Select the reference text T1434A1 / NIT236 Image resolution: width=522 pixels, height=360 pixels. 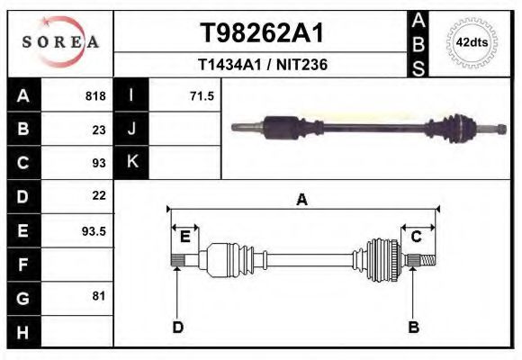tap(261, 65)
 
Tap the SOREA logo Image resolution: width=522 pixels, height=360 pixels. tap(60, 42)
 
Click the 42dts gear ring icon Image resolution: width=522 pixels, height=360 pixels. tap(472, 42)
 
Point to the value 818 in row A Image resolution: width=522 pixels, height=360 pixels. tap(95, 95)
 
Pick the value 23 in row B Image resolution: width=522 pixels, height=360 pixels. tap(99, 129)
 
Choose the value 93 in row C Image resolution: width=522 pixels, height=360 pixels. tap(99, 163)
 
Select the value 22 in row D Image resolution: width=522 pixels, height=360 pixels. tap(99, 195)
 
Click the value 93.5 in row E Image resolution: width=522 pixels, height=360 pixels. tap(94, 230)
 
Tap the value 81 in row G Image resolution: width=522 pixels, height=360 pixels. tap(99, 296)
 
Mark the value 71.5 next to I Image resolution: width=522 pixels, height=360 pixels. tap(201, 95)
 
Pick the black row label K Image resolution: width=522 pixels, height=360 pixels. tap(131, 163)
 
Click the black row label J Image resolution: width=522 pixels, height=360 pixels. tap(131, 129)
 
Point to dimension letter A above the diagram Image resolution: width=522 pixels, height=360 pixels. tap(301, 200)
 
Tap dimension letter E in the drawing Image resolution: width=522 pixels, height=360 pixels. tap(184, 237)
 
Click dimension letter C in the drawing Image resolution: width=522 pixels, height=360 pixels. tap(417, 237)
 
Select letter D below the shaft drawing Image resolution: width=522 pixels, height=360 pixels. tap(177, 327)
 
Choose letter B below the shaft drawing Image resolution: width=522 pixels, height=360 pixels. tap(413, 327)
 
